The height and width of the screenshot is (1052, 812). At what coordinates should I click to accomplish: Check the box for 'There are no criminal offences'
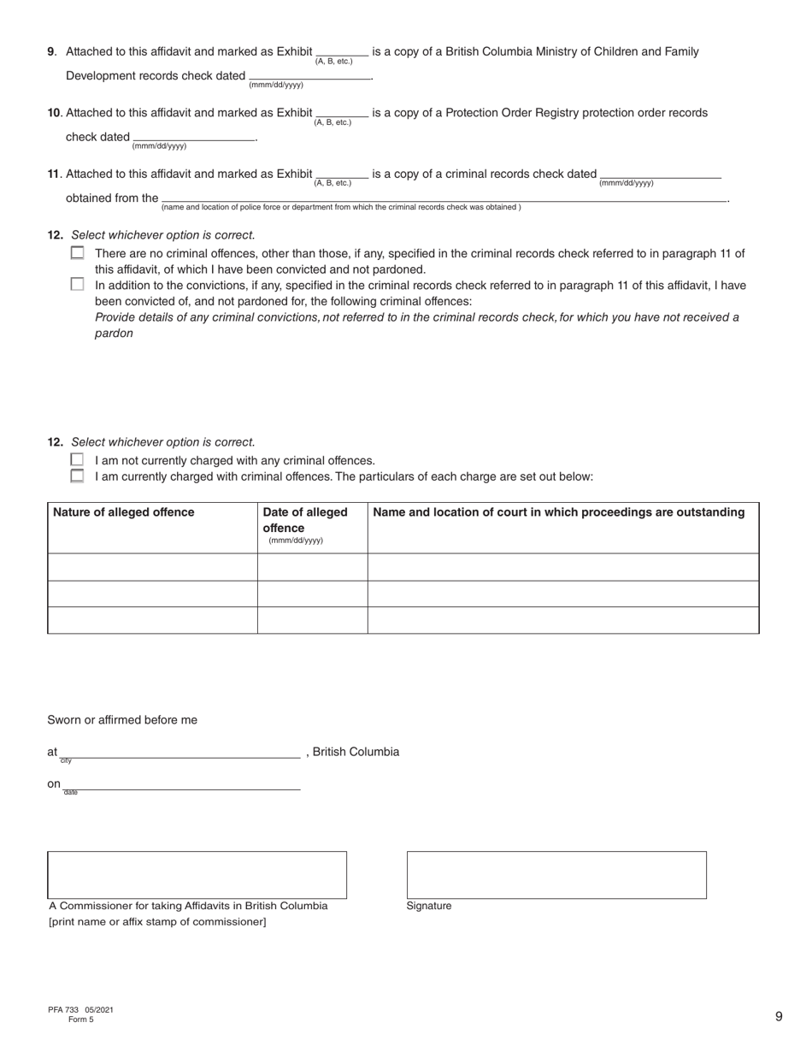(x=78, y=253)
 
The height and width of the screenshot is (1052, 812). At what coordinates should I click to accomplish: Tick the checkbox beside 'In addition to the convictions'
(x=78, y=285)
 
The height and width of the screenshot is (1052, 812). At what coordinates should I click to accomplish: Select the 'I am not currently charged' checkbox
(x=78, y=460)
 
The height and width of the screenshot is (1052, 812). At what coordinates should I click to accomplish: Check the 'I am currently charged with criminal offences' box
(x=78, y=476)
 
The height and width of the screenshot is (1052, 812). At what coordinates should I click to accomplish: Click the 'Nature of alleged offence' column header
(x=124, y=512)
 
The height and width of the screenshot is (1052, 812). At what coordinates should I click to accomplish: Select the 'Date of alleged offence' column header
(x=305, y=520)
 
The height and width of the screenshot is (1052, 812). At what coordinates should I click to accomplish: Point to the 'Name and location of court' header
(x=559, y=512)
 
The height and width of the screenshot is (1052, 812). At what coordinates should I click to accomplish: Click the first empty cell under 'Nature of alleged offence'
(x=152, y=567)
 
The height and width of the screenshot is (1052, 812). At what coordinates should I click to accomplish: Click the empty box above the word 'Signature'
(x=556, y=874)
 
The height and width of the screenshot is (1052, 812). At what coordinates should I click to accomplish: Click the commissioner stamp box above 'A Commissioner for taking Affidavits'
(x=197, y=874)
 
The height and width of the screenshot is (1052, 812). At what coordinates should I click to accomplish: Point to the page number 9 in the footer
(x=779, y=1016)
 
